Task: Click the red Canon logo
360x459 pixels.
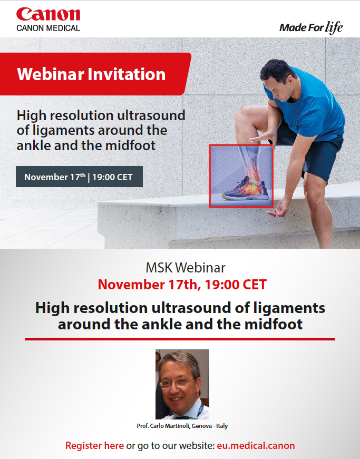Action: (48, 14)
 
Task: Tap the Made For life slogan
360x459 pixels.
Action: (311, 27)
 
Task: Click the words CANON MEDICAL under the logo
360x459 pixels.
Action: (48, 28)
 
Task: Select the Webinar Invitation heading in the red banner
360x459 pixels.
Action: (91, 74)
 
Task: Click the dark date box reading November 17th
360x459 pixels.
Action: (79, 177)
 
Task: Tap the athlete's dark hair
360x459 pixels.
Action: (277, 70)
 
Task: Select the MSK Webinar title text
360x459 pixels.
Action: (186, 268)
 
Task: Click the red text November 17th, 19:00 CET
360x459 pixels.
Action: (182, 285)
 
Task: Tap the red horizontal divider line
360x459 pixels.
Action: (180, 339)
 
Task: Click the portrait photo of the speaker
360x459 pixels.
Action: (182, 384)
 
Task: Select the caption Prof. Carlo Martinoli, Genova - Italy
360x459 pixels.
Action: (182, 426)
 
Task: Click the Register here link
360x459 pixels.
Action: (94, 445)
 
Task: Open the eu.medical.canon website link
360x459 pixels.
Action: (256, 445)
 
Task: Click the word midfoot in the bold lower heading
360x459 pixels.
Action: (274, 324)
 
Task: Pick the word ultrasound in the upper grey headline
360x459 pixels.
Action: (151, 115)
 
